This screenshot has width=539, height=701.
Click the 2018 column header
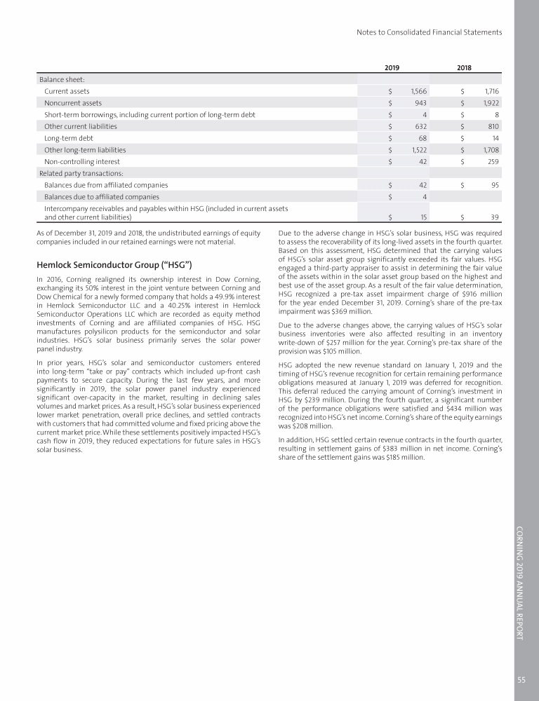(x=464, y=68)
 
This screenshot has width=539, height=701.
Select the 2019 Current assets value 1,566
(x=415, y=91)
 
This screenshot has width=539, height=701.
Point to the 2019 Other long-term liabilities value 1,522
(x=416, y=150)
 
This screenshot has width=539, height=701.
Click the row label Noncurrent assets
(x=72, y=103)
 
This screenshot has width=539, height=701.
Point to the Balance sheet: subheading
(x=62, y=79)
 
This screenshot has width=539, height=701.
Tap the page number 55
(x=522, y=679)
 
